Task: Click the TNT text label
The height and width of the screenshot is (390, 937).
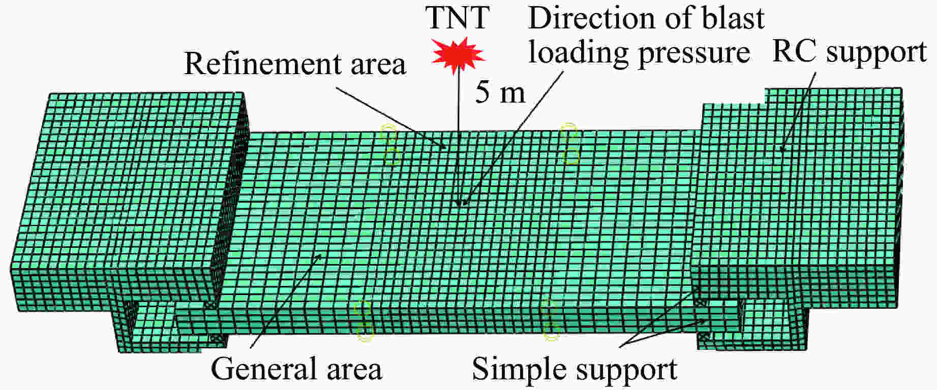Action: (x=457, y=17)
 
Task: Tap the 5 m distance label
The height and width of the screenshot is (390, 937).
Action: (x=500, y=93)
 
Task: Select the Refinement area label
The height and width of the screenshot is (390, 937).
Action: (x=295, y=64)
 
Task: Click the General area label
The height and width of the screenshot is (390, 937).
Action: (x=296, y=369)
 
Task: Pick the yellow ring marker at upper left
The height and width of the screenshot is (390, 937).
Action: (x=390, y=145)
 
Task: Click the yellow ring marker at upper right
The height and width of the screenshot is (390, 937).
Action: (x=570, y=143)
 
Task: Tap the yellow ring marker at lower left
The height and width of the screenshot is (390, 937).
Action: (x=364, y=320)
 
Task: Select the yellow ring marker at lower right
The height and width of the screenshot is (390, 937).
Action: (x=551, y=319)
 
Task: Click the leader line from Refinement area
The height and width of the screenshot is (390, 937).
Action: (x=391, y=119)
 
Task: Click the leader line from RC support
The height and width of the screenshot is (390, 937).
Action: (x=798, y=111)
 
